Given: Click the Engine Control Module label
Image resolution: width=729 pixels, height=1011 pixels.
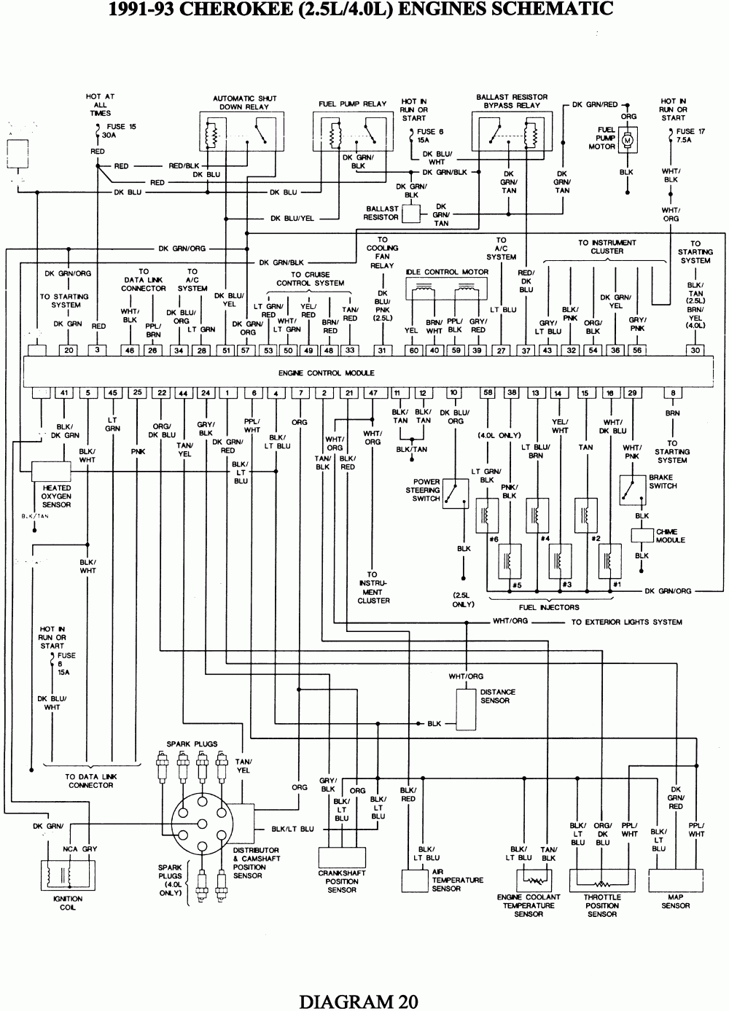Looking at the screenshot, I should tap(326, 372).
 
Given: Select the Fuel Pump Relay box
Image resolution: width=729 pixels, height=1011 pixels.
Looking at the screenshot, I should tap(353, 133).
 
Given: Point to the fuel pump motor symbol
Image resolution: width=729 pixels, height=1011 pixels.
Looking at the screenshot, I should tap(628, 138).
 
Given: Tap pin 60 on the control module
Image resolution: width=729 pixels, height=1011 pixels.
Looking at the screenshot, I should tap(413, 351).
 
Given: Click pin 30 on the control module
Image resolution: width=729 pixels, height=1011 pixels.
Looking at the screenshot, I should tap(695, 351).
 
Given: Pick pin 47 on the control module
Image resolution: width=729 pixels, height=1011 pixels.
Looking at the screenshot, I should tap(373, 393).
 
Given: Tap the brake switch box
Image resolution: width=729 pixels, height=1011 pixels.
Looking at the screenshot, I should tap(632, 490).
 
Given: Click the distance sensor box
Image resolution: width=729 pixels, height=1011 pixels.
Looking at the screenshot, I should tap(466, 707).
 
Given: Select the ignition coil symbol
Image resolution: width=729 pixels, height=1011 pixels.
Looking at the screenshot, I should tap(67, 875).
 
